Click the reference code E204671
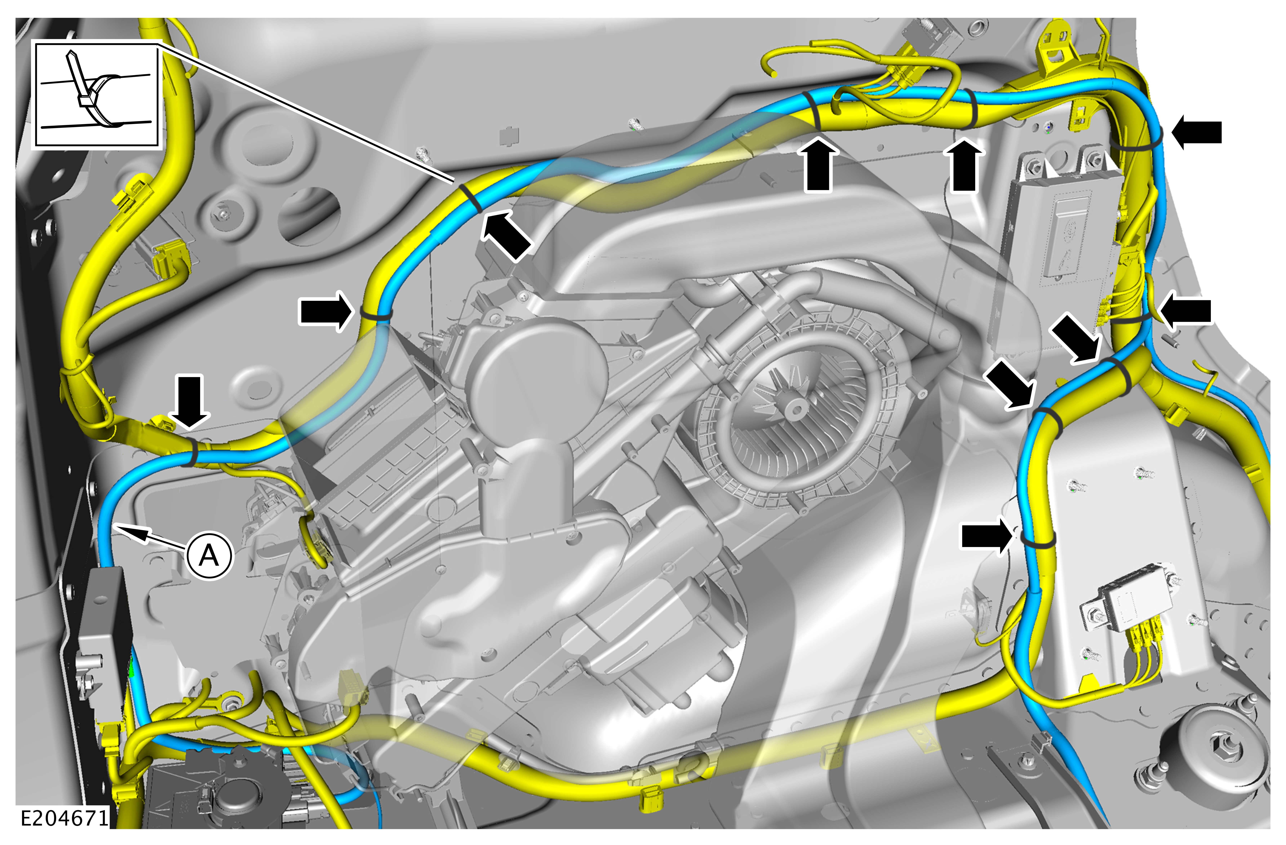[x=65, y=819]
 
